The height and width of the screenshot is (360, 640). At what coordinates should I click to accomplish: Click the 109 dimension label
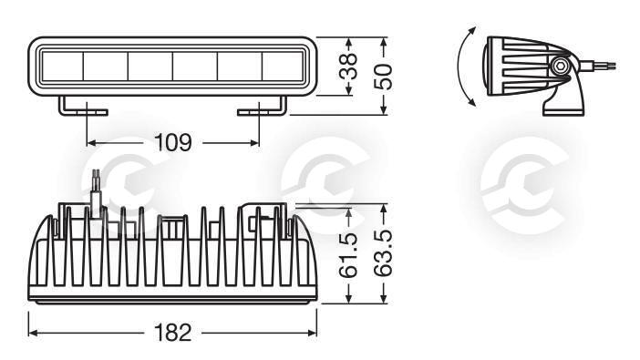click(x=172, y=142)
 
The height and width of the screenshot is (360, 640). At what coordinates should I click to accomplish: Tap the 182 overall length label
click(x=172, y=333)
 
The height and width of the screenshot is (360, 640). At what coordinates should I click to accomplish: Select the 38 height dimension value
click(x=348, y=66)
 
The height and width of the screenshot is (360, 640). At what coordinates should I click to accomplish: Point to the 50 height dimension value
click(x=383, y=77)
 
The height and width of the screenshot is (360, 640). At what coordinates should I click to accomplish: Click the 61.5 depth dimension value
click(x=349, y=255)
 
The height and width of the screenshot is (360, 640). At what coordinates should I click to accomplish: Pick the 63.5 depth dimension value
click(x=383, y=253)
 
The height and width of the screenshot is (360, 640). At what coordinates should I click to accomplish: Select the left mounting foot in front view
click(x=83, y=106)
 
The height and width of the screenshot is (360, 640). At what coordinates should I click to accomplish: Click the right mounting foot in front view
click(x=262, y=106)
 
